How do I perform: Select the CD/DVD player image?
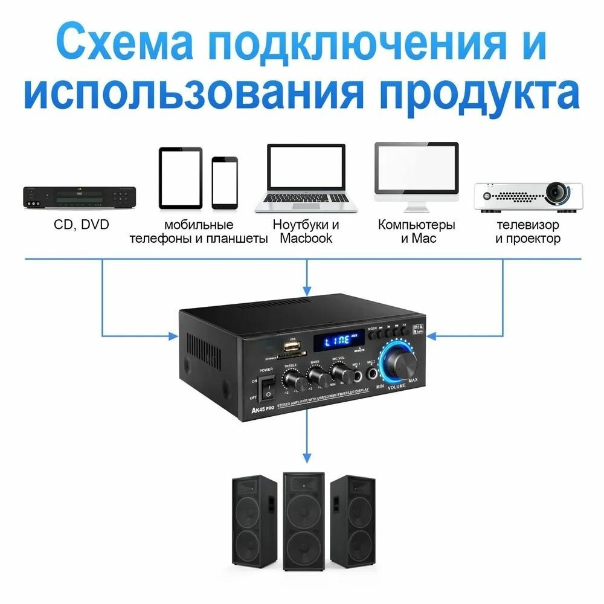79,198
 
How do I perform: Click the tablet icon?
180,178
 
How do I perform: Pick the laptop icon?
306,178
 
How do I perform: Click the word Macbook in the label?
306,239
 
